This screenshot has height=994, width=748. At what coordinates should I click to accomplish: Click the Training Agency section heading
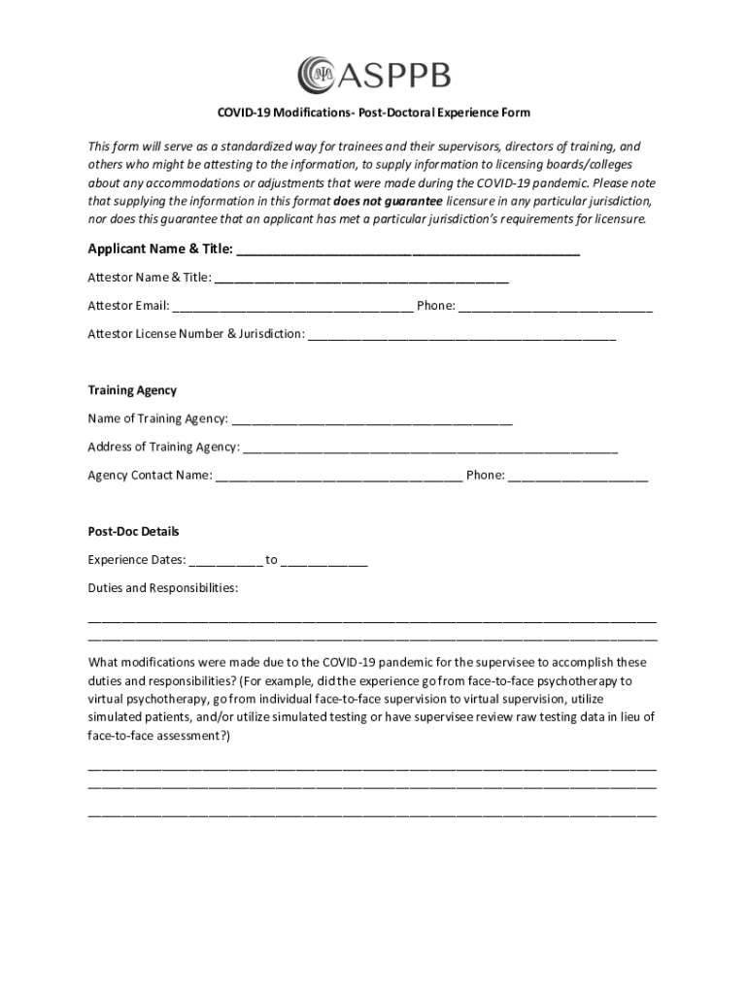tap(132, 390)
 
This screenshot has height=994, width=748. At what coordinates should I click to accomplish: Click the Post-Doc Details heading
tap(133, 532)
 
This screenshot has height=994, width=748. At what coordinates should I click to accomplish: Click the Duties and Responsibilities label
tap(162, 588)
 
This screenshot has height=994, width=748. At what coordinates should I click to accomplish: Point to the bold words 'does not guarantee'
tap(388, 201)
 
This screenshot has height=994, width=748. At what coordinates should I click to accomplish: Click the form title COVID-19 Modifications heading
tap(374, 113)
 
